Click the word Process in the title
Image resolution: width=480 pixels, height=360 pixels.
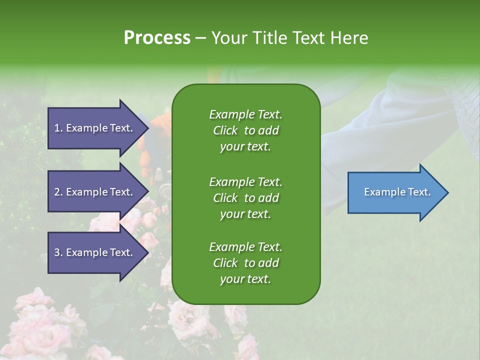(157, 38)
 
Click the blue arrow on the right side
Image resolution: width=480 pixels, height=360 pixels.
(395, 192)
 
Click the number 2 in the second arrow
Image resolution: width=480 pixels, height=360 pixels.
(57, 192)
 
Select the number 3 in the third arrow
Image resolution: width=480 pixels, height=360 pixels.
(57, 252)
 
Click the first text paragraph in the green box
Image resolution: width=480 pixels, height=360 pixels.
(245, 130)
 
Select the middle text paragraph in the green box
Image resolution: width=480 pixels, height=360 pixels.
(245, 198)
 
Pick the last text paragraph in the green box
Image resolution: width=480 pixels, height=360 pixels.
(245, 263)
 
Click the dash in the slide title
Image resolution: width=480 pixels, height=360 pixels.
(201, 38)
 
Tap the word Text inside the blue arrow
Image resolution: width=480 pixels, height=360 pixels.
(418, 192)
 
